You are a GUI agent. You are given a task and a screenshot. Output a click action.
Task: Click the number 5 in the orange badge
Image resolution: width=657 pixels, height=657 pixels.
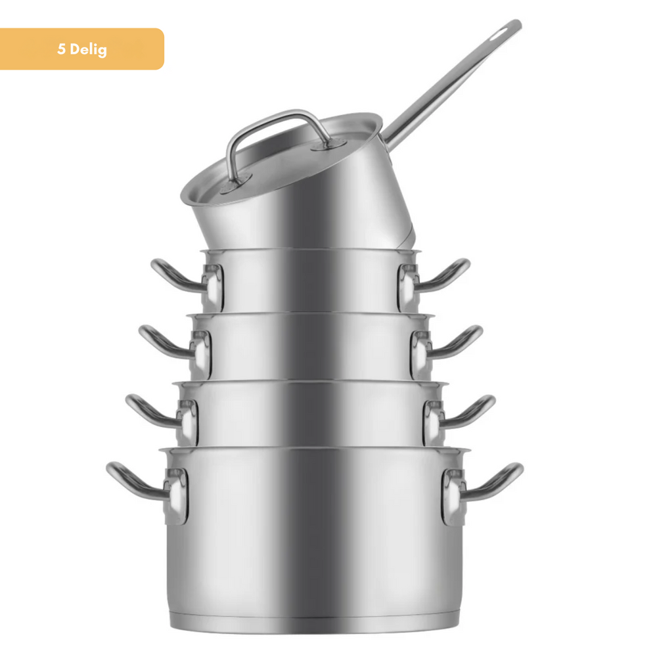tap(61, 49)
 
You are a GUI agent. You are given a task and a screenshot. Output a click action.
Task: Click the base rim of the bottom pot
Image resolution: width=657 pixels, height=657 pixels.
tap(315, 621)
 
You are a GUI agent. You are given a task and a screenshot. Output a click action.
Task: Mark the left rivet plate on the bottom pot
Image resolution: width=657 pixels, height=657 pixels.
tap(176, 496)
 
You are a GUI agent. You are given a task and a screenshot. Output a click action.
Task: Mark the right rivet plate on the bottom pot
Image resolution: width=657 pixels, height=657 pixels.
tap(453, 496)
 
